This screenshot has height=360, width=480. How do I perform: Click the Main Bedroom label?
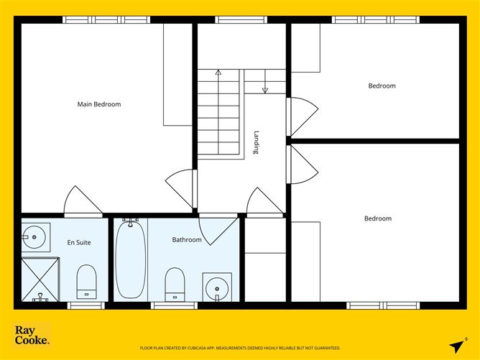(x=99, y=104)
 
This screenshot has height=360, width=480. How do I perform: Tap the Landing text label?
(x=256, y=142)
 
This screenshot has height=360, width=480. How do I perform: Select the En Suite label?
(x=79, y=242)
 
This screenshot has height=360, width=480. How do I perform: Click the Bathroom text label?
(x=187, y=240)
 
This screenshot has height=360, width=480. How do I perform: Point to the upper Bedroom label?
(x=382, y=86)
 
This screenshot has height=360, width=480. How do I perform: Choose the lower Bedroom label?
(x=377, y=218)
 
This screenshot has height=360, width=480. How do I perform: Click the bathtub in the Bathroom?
(x=131, y=260)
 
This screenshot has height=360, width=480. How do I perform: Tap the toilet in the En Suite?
(x=86, y=281)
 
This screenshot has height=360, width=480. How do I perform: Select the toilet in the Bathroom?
(x=175, y=285)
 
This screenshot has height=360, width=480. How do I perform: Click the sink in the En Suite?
(x=34, y=235)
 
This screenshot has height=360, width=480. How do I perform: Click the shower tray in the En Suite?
(x=37, y=280)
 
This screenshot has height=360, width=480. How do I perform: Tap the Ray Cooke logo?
(x=32, y=335)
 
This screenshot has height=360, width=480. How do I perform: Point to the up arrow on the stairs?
(x=218, y=73)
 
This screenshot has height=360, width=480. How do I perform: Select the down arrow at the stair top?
(x=264, y=89)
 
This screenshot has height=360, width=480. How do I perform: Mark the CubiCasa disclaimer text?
(x=240, y=347)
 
